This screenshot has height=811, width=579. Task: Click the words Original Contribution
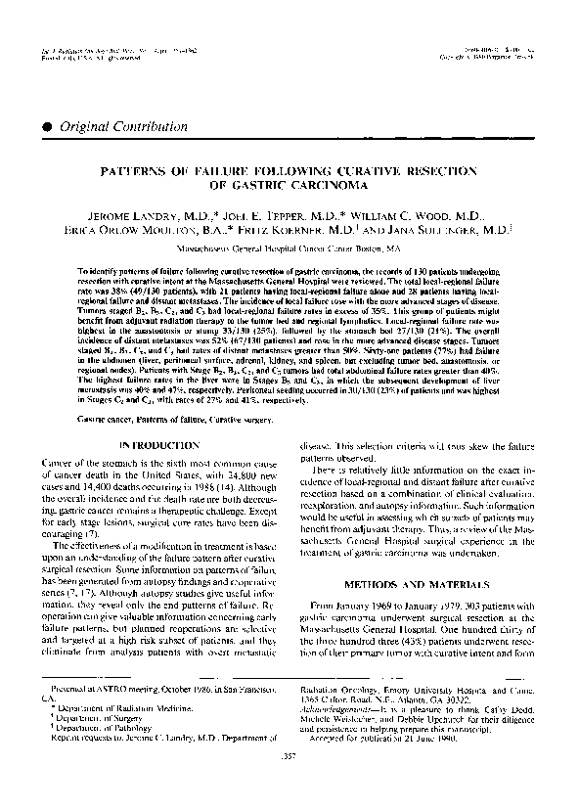click(x=111, y=127)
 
